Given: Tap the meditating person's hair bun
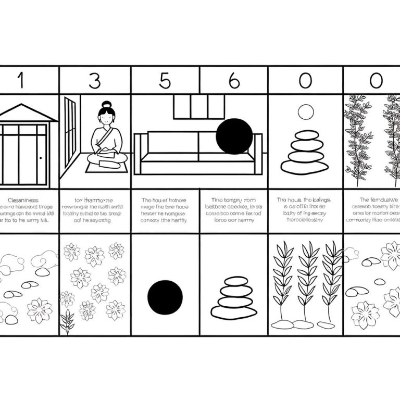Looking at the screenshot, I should [x=107, y=104].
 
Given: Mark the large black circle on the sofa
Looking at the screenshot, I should [x=234, y=136].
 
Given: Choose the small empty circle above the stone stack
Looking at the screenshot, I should [x=305, y=112].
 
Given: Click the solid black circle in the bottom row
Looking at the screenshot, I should [x=165, y=298].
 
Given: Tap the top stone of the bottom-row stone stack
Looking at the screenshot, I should [x=234, y=282].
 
